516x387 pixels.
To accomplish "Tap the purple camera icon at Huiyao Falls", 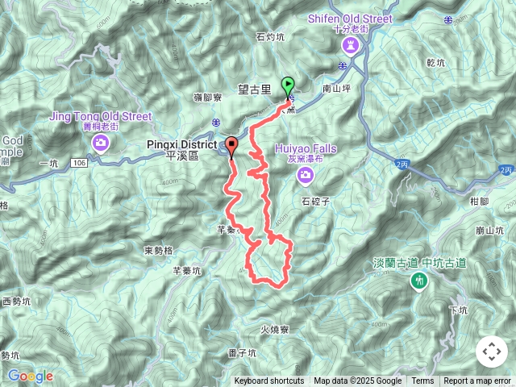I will [x=305, y=174].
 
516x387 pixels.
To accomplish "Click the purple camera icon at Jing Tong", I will [x=101, y=144].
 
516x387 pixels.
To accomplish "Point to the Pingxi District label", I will [x=182, y=146].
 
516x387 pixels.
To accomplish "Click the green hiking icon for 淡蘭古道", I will [x=418, y=281].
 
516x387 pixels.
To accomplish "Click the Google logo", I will [x=30, y=376].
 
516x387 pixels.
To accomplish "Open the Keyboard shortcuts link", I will [x=269, y=381].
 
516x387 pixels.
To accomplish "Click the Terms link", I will [x=422, y=381].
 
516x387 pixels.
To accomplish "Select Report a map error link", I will [x=476, y=381].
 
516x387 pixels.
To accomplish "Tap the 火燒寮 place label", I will [x=275, y=329].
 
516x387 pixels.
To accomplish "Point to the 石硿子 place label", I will [x=317, y=202].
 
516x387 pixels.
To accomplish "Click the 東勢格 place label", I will [x=159, y=250].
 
